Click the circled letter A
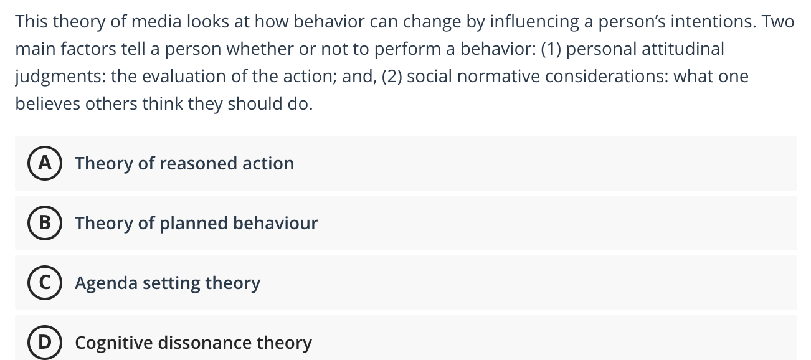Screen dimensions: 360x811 tap(44, 163)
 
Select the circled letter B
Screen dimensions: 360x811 tap(44, 223)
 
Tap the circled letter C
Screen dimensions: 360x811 tap(44, 283)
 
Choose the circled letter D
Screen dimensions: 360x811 tap(44, 343)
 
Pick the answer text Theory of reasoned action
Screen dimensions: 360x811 tap(184, 163)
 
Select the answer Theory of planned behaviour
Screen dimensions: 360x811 tap(196, 223)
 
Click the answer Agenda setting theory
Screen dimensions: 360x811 tap(168, 283)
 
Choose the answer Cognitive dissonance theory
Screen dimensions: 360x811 tap(193, 343)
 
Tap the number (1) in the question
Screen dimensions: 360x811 tap(551, 49)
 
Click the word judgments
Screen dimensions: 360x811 tap(60, 77)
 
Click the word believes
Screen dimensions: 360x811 tap(48, 104)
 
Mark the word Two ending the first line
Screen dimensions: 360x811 tap(778, 22)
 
